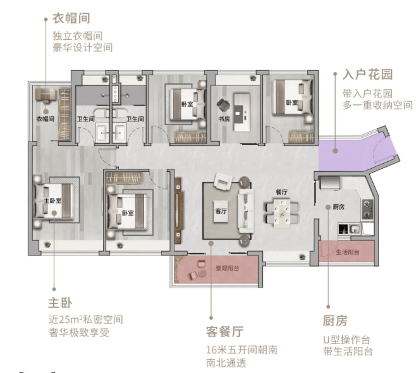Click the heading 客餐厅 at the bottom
pos(224,331)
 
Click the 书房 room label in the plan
pos(224,118)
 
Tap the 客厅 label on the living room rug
pos(221,211)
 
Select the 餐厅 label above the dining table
pos(282,192)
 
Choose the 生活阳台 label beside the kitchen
pos(347,252)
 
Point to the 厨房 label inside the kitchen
pos(338,207)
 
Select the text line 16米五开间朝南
pos(242,350)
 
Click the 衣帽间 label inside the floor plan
pos(45,118)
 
